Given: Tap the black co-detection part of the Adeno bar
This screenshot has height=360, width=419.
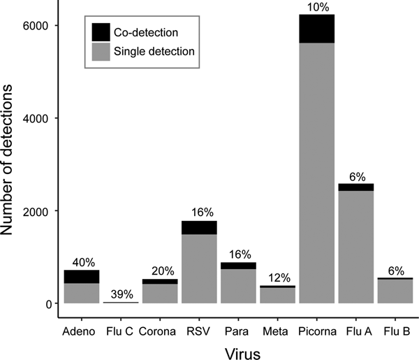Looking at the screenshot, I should pyautogui.click(x=81, y=276).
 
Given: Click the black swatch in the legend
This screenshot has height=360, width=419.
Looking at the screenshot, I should pyautogui.click(x=102, y=31).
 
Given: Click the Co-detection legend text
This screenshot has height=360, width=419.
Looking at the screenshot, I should pyautogui.click(x=146, y=31).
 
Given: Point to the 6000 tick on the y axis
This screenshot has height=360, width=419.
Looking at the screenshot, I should pyautogui.click(x=43, y=26).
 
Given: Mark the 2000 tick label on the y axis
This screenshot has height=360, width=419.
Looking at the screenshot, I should pyautogui.click(x=43, y=211).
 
